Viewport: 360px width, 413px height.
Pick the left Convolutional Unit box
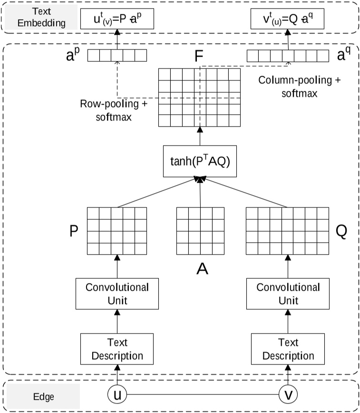click(x=117, y=294)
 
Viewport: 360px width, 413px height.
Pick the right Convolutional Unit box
click(x=288, y=294)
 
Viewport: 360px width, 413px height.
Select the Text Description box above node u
click(x=117, y=349)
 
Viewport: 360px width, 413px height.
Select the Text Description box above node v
click(x=288, y=349)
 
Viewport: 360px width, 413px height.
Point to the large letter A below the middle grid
click(x=203, y=269)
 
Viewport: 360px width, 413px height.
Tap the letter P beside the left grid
click(x=74, y=231)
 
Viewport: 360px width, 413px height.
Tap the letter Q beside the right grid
click(x=341, y=231)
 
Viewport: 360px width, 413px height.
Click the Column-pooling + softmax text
click(x=300, y=87)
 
